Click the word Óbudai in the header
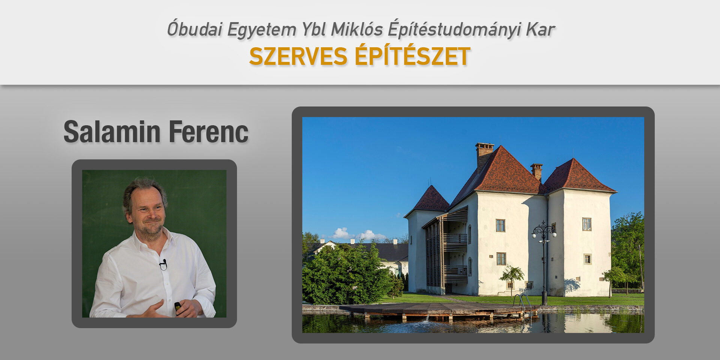pos(195,29)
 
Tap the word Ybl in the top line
pos(313,29)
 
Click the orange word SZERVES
pos(298,57)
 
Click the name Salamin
pos(112,132)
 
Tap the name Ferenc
pos(208,132)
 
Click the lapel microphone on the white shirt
pos(163,264)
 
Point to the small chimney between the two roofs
pos(537,172)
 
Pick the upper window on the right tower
pos(586,224)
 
